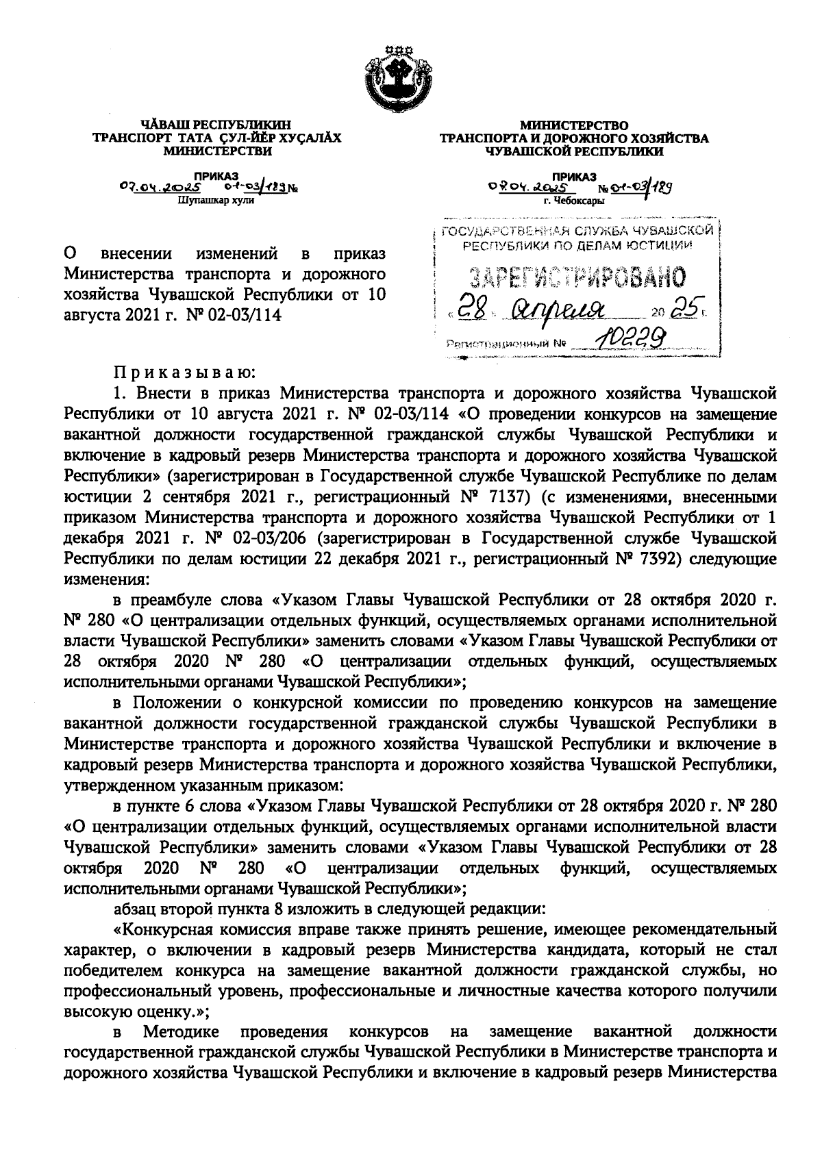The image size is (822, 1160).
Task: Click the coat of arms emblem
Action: [x=397, y=75]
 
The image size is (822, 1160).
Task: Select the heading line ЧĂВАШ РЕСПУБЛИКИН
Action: [x=216, y=125]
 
